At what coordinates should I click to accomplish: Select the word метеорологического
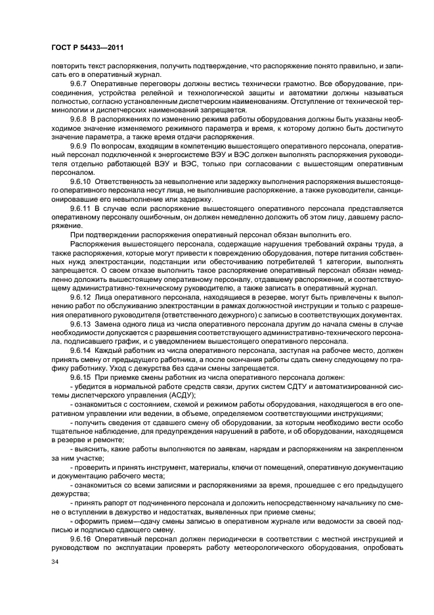tap(290, 545)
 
